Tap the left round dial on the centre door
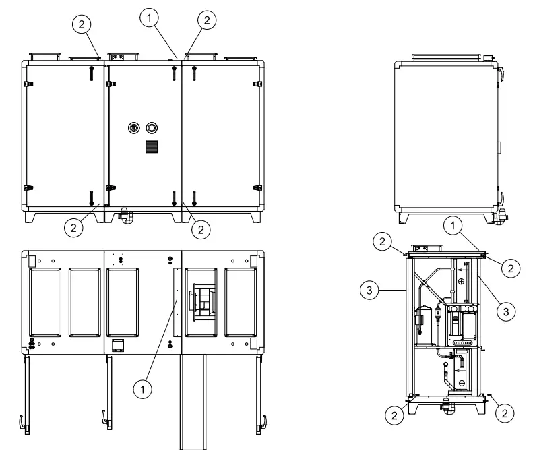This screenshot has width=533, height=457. pos(133,127)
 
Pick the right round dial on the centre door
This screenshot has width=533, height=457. pos(151,127)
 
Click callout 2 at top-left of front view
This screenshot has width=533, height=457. pos(81,24)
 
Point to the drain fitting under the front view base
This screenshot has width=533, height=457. pos(124,215)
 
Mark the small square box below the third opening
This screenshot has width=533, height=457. pos(117,344)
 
